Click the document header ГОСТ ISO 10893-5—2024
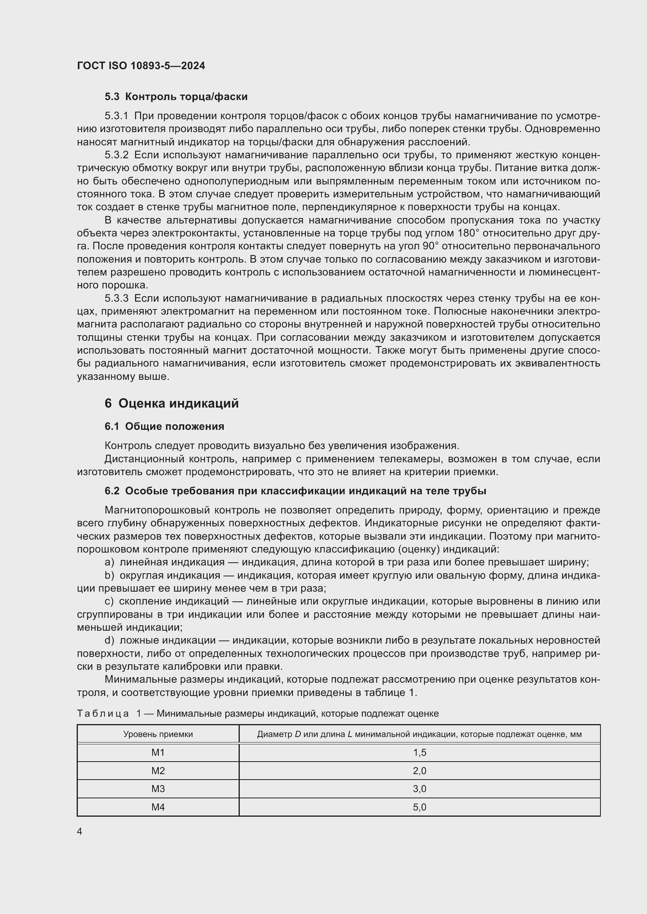point(141,66)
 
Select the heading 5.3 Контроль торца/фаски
point(176,97)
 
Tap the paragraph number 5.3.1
point(116,116)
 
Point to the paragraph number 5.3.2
point(116,155)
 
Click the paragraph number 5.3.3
point(116,298)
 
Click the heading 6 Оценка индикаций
point(171,403)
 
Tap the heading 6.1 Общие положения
point(164,426)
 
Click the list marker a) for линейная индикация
point(109,562)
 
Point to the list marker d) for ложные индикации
point(109,640)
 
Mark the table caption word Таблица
point(103,714)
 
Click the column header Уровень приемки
point(158,734)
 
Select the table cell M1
point(158,752)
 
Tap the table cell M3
point(158,789)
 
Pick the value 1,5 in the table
point(419,752)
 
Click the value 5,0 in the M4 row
point(419,807)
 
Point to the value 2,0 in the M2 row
point(419,771)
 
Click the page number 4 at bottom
point(80,832)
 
